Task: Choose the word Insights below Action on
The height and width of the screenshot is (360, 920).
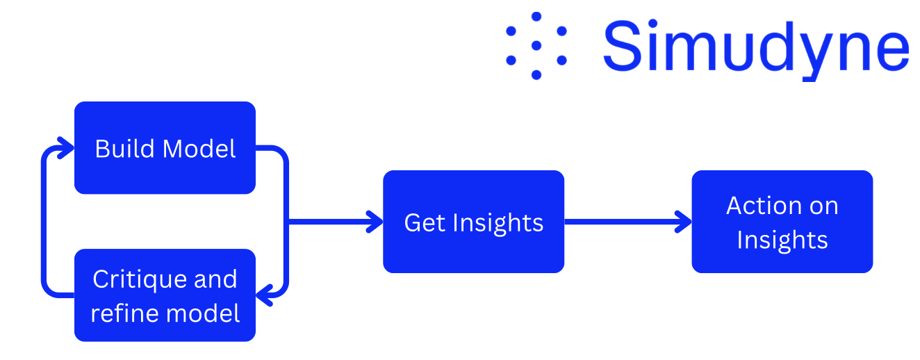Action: click(782, 240)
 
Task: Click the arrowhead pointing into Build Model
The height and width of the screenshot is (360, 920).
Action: click(67, 147)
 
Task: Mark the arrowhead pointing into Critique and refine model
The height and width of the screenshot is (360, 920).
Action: click(264, 296)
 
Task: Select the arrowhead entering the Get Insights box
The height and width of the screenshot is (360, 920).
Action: click(375, 222)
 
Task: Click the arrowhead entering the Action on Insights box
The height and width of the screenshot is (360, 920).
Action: click(684, 222)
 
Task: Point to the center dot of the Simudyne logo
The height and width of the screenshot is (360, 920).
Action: click(536, 45)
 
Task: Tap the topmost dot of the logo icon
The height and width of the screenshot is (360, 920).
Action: click(536, 16)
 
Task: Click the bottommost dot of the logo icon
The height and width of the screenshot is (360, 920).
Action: click(536, 74)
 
